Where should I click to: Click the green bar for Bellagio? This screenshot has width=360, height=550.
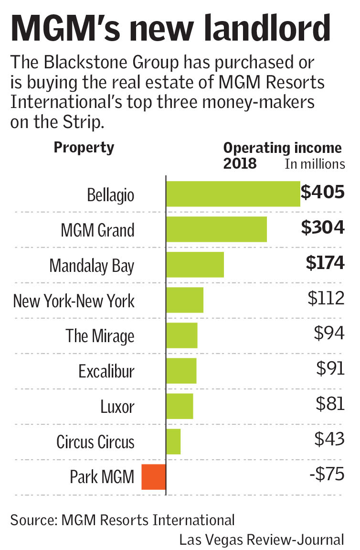coord(233,194)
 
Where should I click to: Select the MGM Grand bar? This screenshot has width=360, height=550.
coord(216,229)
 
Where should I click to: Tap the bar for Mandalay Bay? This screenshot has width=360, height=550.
coord(195,264)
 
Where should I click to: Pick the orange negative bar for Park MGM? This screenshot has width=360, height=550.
coord(154,477)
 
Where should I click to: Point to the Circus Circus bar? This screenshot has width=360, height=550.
coord(173,442)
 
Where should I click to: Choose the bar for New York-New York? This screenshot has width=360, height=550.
coord(185,300)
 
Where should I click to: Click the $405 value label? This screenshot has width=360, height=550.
coord(322,193)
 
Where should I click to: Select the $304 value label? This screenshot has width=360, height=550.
coord(322,228)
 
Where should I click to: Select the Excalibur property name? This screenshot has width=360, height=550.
coord(106,371)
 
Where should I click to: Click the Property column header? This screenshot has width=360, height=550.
coord(84,148)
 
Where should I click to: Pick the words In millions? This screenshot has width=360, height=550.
coord(315,164)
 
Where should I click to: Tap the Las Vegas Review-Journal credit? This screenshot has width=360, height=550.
coord(261,539)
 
